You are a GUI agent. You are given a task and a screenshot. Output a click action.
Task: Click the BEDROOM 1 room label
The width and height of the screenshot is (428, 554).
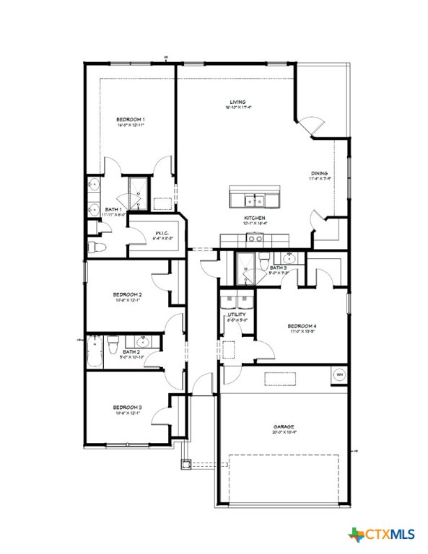pyautogui.click(x=131, y=119)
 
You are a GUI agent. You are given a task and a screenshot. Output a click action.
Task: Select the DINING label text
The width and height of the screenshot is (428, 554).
pyautogui.click(x=320, y=173)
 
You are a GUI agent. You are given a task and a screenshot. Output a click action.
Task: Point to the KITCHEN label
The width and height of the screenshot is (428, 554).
pyautogui.click(x=254, y=218)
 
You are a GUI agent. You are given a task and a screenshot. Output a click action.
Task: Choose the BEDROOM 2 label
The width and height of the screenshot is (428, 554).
pyautogui.click(x=127, y=294)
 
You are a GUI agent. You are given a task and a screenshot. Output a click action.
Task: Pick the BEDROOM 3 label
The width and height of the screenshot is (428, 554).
pyautogui.click(x=127, y=408)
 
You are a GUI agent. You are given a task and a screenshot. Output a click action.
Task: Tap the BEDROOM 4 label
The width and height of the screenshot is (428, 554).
pyautogui.click(x=302, y=326)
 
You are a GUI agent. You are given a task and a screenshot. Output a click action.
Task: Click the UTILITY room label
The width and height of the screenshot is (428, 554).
pyautogui.click(x=237, y=315)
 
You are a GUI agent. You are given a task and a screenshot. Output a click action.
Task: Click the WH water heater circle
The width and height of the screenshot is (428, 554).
pyautogui.click(x=339, y=374)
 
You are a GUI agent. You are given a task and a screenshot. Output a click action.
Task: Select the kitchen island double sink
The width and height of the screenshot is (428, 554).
pyautogui.click(x=254, y=198)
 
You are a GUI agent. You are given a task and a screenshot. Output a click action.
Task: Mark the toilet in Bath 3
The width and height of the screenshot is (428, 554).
pyautogui.click(x=265, y=259)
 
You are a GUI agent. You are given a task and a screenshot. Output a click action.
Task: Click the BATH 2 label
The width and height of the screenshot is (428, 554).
pyautogui.click(x=131, y=351)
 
